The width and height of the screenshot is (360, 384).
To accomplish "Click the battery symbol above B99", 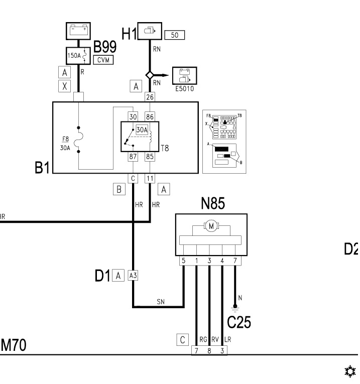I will tap(79, 31).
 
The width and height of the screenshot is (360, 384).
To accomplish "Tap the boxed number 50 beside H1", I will tap(175, 35).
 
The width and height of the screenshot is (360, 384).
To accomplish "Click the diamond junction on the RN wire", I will tap(149, 75).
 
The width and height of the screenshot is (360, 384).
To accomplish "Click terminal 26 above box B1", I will tap(150, 96).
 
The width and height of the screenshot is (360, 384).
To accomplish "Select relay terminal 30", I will tap(133, 116).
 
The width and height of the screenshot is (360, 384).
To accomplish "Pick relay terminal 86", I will tap(150, 116).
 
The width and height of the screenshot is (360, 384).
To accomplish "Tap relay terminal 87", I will tap(133, 156).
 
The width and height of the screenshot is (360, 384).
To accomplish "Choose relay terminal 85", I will tap(150, 156).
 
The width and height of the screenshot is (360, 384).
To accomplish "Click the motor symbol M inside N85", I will tap(211, 226).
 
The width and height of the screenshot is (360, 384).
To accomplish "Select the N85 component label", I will tap(213, 204).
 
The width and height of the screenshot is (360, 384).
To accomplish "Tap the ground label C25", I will tap(239, 322).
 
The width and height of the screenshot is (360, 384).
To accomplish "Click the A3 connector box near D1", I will tap(133, 275).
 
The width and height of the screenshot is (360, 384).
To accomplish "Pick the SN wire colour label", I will tap(161, 302).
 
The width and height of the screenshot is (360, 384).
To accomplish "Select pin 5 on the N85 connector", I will tap(184, 261).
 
